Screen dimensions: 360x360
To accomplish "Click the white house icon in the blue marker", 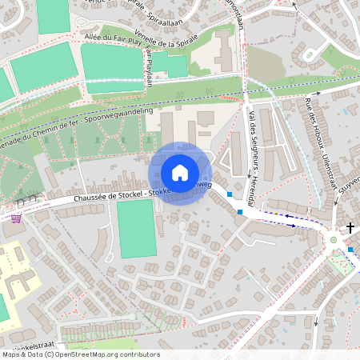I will (180, 173).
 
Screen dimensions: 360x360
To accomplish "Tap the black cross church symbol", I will (350, 229).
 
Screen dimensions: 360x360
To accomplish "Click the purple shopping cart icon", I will (15, 217).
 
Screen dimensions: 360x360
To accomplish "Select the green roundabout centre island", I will (334, 239).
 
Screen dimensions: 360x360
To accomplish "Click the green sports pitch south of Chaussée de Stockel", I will (137, 228).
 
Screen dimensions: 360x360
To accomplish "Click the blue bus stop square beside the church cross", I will (350, 250).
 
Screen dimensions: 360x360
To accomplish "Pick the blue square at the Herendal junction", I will (240, 211).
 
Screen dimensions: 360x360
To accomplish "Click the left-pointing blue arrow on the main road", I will (269, 214).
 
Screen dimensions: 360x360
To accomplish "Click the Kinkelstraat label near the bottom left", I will (28, 341).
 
